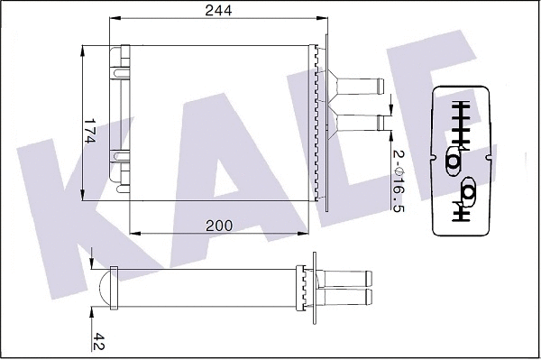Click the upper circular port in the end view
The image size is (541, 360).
pyautogui.click(x=454, y=161)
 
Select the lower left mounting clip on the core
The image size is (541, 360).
pyautogui.click(x=118, y=159)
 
